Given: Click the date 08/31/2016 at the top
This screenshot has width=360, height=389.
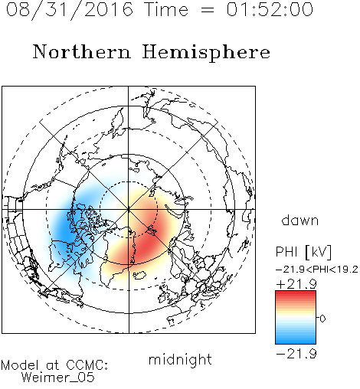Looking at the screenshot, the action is click(69, 9).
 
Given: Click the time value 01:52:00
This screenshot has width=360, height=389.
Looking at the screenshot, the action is click(270, 9).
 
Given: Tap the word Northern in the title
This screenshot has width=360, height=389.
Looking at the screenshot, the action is click(82, 52).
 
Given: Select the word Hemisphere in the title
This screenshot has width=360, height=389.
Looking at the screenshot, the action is click(206, 52).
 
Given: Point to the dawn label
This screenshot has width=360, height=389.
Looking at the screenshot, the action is click(300, 220).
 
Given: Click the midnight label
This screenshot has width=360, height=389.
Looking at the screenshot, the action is click(180, 359).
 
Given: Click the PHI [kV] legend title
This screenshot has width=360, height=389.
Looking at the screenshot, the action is click(303, 252).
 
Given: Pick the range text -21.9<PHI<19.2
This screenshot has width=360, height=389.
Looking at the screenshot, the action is click(317, 270).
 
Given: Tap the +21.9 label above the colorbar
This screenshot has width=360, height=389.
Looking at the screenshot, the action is click(296, 284).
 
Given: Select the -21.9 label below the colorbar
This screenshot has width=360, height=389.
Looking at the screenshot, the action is click(296, 354).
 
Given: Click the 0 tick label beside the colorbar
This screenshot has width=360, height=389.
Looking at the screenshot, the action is click(322, 319).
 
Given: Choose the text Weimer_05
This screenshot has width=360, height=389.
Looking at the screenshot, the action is click(58, 377).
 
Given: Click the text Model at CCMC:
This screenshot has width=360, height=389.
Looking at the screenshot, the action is click(54, 365).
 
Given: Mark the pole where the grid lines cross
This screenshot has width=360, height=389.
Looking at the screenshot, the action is click(129, 209).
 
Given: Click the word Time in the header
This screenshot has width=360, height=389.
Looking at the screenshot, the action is click(166, 9).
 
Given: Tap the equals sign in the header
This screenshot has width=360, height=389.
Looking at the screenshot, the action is click(207, 10).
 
